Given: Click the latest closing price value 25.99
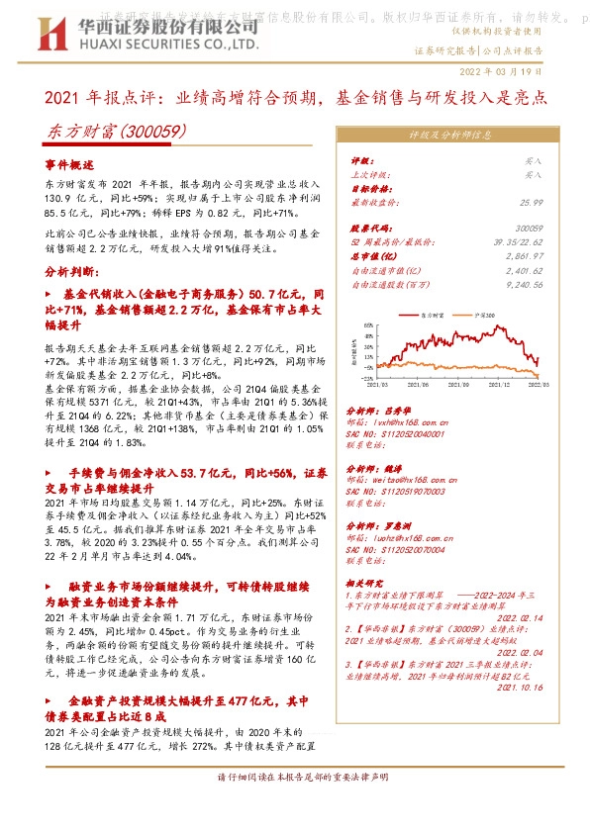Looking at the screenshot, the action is (531, 201).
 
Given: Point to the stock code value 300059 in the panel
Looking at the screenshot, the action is (530, 229).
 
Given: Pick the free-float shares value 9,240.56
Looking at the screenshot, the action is (524, 285).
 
